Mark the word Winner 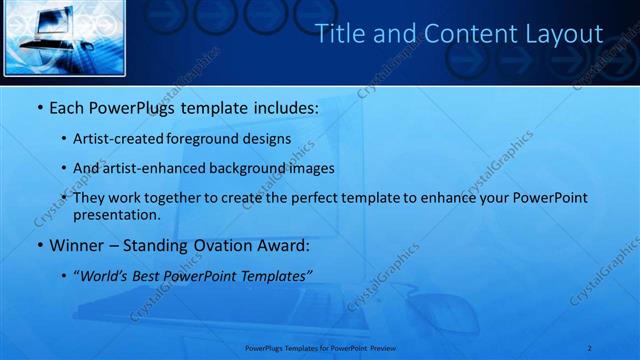pyautogui.click(x=75, y=245)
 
